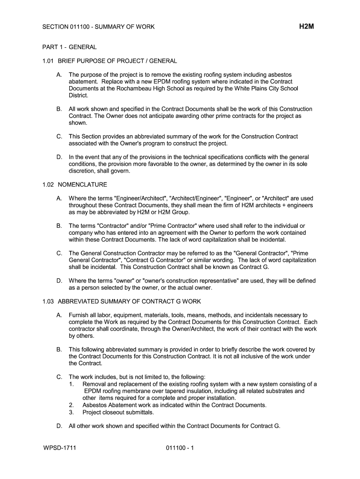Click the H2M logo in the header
[306, 27]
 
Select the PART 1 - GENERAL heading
[69, 47]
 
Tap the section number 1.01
[49, 61]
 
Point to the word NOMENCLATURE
[82, 184]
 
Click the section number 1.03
[49, 301]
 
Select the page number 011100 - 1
[180, 448]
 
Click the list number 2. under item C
[72, 405]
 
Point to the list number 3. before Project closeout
[72, 412]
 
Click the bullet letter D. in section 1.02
[59, 281]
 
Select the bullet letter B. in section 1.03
[59, 349]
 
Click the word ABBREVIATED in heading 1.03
[80, 301]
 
